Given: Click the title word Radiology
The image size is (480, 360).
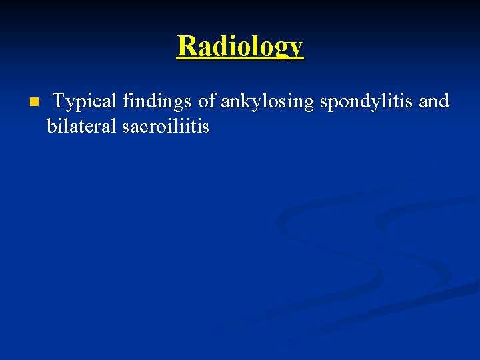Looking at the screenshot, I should [240, 47].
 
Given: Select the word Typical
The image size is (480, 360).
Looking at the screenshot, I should [84, 101].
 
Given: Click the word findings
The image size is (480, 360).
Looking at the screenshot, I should [157, 101].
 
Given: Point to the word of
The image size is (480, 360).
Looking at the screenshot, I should [207, 101].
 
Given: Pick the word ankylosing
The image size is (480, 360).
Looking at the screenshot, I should [268, 102].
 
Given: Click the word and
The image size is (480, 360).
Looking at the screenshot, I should [434, 101].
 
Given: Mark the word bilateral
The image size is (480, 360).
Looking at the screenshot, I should [82, 126].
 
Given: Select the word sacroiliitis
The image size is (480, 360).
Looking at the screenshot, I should [166, 126].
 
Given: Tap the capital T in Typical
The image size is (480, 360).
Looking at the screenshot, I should [59, 101].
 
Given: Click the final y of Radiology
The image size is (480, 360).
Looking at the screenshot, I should [295, 49].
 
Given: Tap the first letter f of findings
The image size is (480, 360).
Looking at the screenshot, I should [125, 101].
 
